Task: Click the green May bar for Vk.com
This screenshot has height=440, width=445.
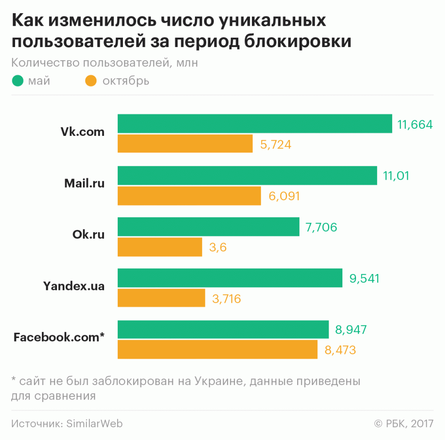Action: [255, 124]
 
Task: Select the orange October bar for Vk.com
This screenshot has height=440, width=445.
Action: [185, 143]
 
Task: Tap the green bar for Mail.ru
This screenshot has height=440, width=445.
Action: [247, 175]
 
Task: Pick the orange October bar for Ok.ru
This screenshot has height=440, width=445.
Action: [160, 247]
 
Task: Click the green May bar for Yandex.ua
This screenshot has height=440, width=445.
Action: [230, 278]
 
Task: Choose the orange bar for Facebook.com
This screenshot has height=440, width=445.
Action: [217, 349]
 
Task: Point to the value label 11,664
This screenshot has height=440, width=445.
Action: [415, 125]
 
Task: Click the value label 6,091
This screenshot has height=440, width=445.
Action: [284, 196]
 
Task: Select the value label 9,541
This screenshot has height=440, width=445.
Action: [364, 278]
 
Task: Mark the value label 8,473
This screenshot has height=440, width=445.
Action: [340, 350]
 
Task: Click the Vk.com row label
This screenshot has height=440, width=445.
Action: [82, 132]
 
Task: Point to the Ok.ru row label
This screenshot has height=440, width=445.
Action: [89, 234]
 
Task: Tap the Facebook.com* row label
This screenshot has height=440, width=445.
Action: [59, 337]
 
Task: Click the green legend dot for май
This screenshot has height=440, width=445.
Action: [18, 81]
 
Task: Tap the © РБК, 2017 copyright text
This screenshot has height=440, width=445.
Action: [404, 424]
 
